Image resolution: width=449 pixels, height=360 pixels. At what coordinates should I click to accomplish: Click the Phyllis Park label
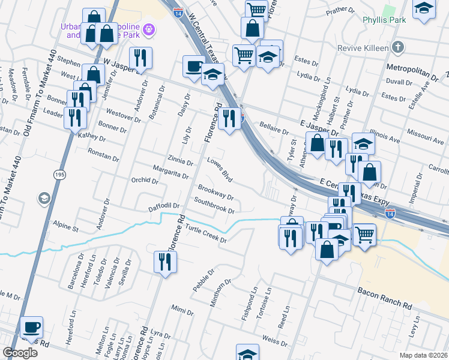pos(385,20)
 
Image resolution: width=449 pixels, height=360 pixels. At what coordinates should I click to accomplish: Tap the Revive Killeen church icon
pos(397,47)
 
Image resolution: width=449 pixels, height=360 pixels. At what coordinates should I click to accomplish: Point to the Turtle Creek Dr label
pos(205,234)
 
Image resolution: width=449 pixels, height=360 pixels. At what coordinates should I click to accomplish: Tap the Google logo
pos(20,353)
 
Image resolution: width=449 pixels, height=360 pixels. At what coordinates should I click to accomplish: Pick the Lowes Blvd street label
pos(219,167)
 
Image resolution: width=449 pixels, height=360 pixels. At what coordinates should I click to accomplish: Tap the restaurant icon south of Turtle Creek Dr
pos(163,262)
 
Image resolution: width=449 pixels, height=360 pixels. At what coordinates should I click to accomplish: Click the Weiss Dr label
pos(275,341)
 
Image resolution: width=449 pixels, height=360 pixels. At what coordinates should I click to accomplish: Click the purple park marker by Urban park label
pos(149,29)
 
